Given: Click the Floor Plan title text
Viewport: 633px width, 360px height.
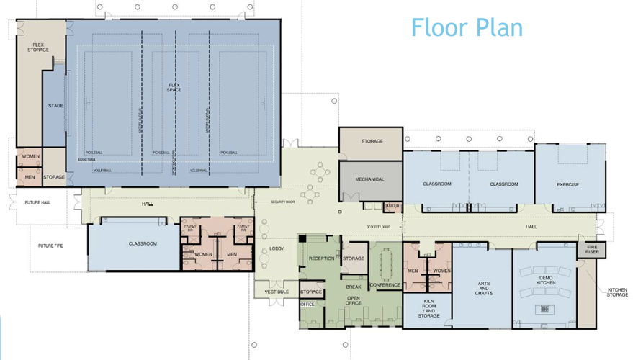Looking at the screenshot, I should pos(467,27).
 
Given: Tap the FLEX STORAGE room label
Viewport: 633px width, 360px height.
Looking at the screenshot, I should pos(38,48).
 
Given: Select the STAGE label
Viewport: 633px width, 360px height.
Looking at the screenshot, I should pos(55,106).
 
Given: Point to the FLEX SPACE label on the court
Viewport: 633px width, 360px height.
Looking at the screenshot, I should pos(174,87).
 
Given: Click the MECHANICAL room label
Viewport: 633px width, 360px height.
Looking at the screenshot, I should pos(369,179).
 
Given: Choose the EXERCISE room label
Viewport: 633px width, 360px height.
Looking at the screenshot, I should pos(567,184).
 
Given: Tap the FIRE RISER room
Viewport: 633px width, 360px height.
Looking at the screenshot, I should pos(592,249).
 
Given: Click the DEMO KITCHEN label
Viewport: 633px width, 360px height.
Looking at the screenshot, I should pos(546,280).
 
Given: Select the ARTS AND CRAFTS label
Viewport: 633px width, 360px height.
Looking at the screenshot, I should pos(483,288).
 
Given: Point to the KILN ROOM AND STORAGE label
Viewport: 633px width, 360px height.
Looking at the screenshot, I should pos(428,308).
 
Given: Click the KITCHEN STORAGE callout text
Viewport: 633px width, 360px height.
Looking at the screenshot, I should pos(617,292).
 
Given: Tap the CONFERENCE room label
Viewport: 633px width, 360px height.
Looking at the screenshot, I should pos(385,285).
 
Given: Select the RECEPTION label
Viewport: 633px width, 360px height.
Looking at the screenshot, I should pos(322,258).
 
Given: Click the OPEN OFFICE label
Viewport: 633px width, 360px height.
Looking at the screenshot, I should pos(354,301).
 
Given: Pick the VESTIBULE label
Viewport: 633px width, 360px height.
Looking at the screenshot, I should pos(277,292).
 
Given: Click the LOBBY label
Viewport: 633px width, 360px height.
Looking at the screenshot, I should pos(277,249).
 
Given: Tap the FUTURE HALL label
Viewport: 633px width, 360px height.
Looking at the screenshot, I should pos(38,202).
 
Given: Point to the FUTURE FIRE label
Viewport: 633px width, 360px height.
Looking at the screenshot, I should pos(50,246).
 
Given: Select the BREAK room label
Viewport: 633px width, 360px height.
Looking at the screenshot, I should pos(353,287).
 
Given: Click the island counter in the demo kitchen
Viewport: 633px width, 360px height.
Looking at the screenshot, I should pos(544,309).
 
